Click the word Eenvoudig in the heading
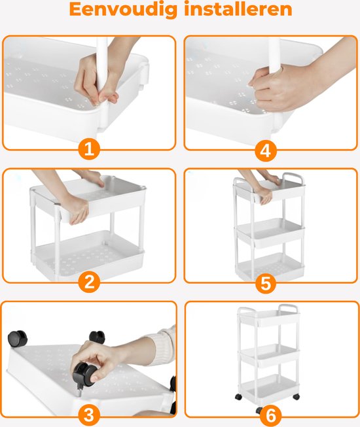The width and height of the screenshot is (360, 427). pyautogui.click(x=124, y=10)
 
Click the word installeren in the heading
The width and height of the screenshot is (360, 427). pyautogui.click(x=238, y=9)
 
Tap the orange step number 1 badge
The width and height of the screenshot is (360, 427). pyautogui.click(x=89, y=149)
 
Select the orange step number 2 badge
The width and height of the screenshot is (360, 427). pyautogui.click(x=89, y=282)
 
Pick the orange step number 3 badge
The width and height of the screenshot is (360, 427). pyautogui.click(x=89, y=416)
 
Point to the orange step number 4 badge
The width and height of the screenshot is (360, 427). pyautogui.click(x=266, y=150)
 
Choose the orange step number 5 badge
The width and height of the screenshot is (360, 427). pyautogui.click(x=266, y=283)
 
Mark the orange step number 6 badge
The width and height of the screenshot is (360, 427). pyautogui.click(x=270, y=416)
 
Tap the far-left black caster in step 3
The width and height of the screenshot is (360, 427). pyautogui.click(x=18, y=339)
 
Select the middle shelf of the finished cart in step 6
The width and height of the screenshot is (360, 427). pyautogui.click(x=269, y=355)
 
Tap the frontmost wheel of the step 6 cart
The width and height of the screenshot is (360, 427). pyautogui.click(x=259, y=410)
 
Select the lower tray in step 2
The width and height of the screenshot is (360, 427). pyautogui.click(x=88, y=254)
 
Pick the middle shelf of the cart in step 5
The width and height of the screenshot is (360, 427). pyautogui.click(x=270, y=232)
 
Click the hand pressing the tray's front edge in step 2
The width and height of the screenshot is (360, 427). pyautogui.click(x=76, y=209)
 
